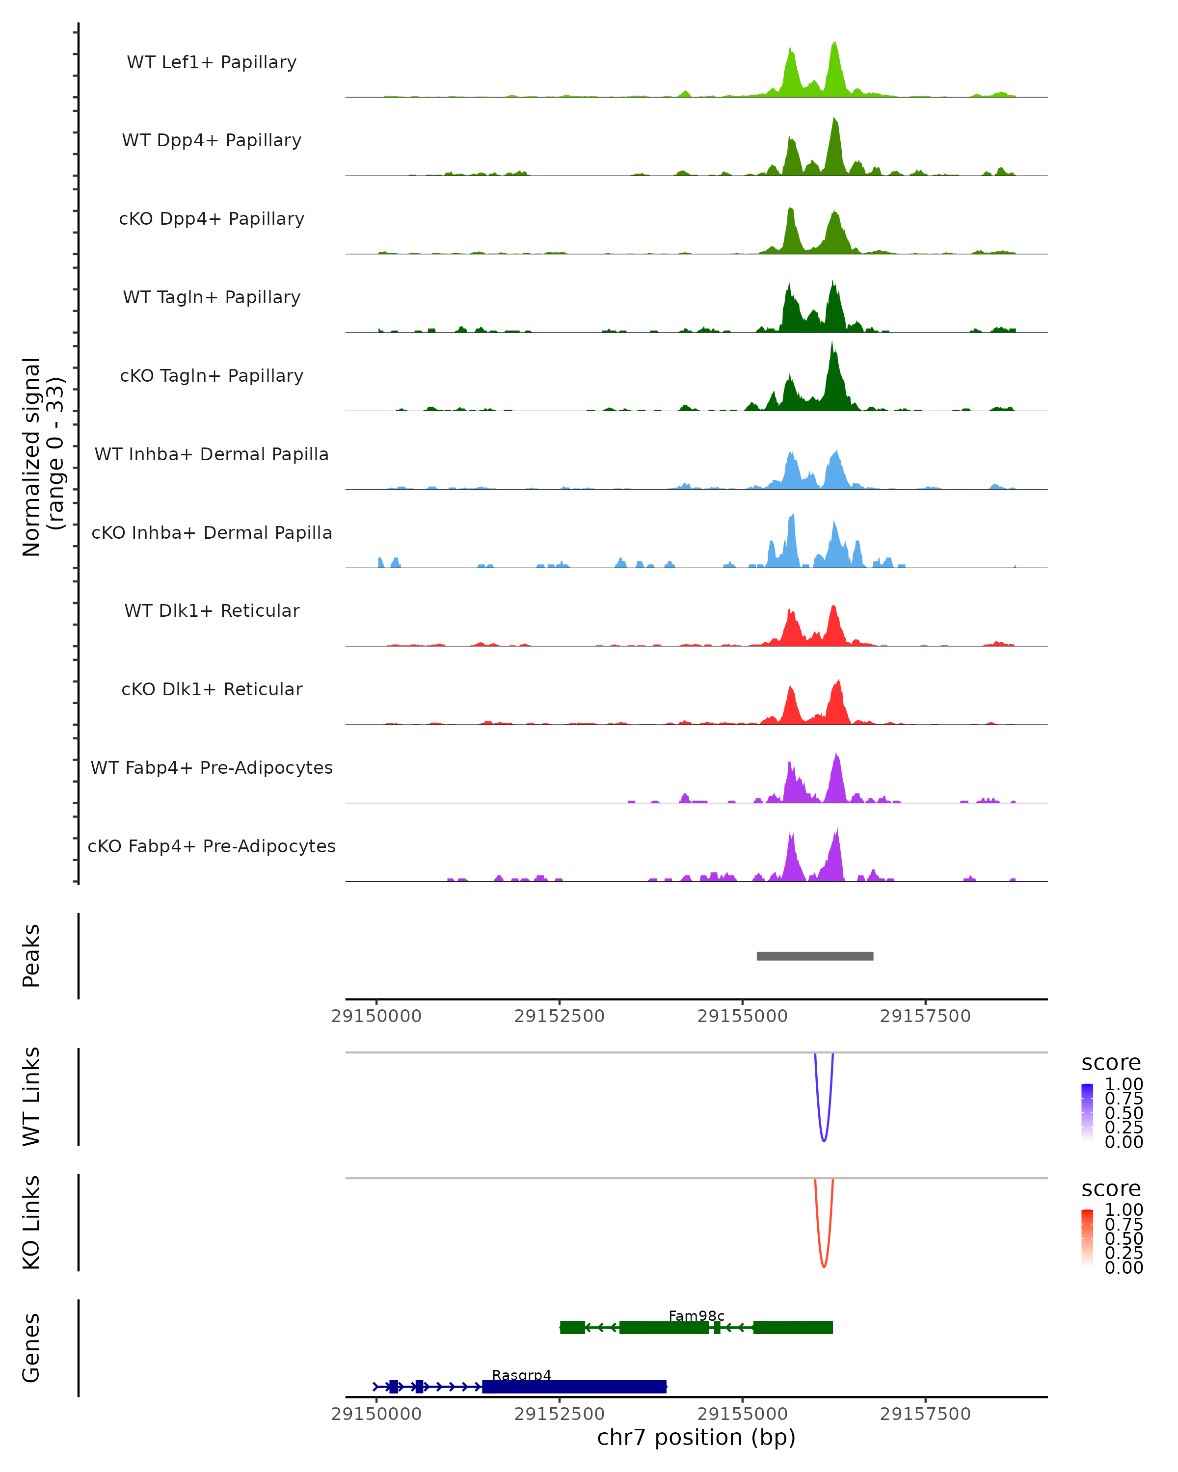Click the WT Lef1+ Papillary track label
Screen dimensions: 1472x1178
(212, 62)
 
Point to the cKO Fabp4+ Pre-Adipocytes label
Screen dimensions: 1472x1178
(212, 846)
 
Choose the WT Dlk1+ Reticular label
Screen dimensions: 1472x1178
(212, 610)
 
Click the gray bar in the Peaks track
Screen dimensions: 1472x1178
(815, 956)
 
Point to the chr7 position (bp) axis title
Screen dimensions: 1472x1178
(696, 1437)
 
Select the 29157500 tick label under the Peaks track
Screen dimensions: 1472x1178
(925, 1016)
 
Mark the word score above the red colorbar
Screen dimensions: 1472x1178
(1110, 1189)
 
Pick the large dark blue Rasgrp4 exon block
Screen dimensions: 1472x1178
(574, 1387)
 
